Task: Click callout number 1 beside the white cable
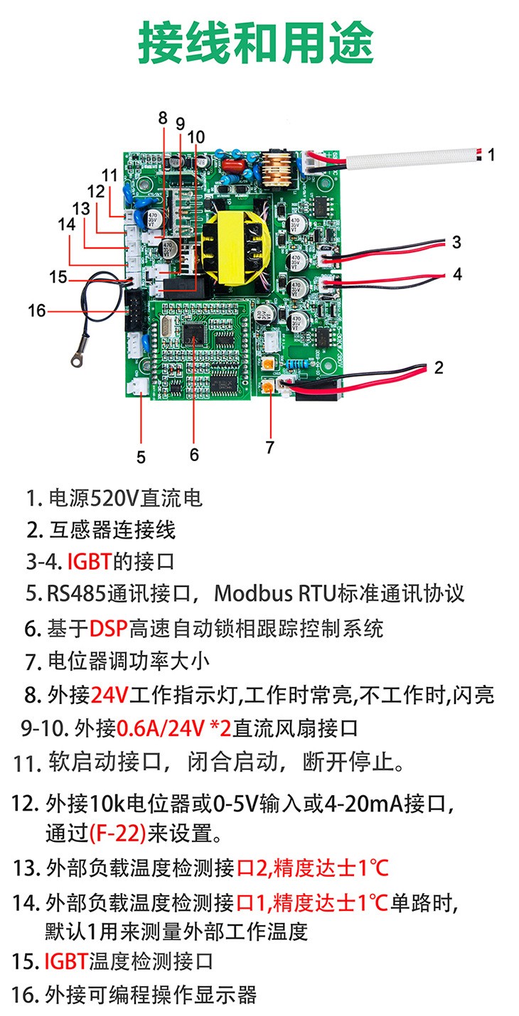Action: click(491, 154)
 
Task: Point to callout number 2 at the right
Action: click(439, 367)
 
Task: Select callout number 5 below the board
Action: click(141, 457)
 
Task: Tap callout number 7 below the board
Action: click(269, 447)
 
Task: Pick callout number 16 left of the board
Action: click(36, 310)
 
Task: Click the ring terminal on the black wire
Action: click(73, 360)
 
